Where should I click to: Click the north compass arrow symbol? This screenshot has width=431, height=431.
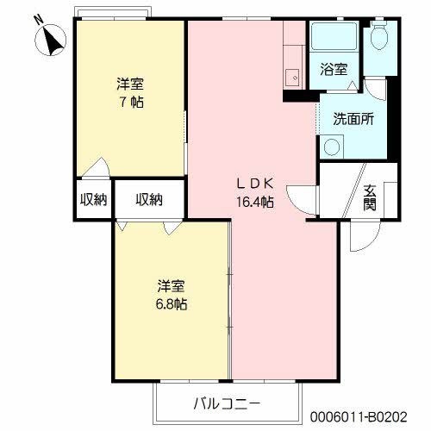tap(51, 38)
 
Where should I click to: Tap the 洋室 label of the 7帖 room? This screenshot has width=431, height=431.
tap(130, 84)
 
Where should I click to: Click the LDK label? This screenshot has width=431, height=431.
tap(256, 183)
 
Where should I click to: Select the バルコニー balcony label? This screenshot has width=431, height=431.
tap(226, 403)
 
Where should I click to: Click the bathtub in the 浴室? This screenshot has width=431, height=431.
tap(332, 38)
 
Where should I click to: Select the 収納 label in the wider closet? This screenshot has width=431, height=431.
tap(148, 200)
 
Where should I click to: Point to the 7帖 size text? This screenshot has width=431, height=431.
tap(130, 103)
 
